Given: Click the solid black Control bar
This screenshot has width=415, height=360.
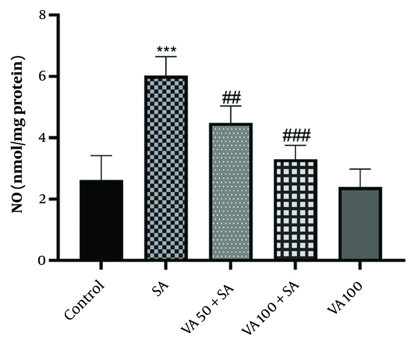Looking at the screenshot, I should coord(101,220).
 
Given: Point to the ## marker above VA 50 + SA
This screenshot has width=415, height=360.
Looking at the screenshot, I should coord(231,98).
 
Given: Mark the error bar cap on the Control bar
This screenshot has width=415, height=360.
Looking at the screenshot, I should coord(101,156).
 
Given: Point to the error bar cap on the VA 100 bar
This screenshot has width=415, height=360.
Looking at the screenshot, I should coord(360,169).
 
